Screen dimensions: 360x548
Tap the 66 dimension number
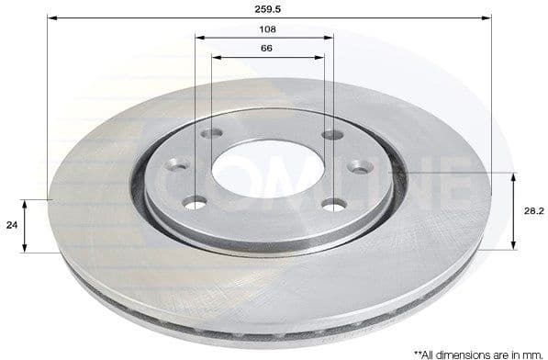(x=267, y=48)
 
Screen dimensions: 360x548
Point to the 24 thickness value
(x=11, y=223)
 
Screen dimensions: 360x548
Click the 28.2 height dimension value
(x=531, y=209)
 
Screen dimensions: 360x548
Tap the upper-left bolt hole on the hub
(x=212, y=134)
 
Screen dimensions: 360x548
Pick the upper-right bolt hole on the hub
(x=332, y=135)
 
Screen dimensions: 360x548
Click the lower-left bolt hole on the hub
(x=195, y=202)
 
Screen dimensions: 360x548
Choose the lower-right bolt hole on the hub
(x=334, y=203)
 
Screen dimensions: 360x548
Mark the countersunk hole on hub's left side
(x=177, y=166)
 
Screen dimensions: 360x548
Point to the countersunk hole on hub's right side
(x=361, y=166)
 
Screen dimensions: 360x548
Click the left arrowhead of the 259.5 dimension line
(x=51, y=17)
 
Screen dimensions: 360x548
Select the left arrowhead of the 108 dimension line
(x=199, y=38)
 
